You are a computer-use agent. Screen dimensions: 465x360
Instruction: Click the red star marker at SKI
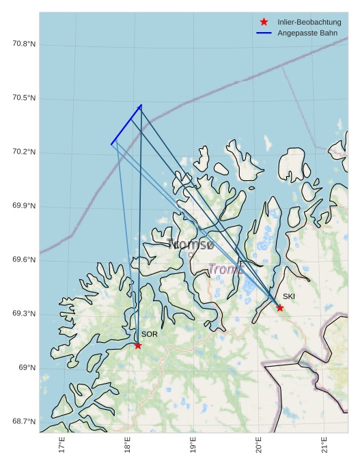pyautogui.click(x=280, y=308)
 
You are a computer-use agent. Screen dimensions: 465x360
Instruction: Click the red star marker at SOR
pyautogui.click(x=138, y=346)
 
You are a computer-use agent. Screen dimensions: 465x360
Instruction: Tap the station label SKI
pyautogui.click(x=289, y=296)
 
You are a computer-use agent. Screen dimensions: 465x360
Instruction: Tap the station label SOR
pyautogui.click(x=150, y=334)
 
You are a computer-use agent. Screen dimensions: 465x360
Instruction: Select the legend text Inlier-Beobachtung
pyautogui.click(x=309, y=23)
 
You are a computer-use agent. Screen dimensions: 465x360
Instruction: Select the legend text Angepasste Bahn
pyautogui.click(x=307, y=33)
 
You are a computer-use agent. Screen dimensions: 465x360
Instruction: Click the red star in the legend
pyautogui.click(x=264, y=23)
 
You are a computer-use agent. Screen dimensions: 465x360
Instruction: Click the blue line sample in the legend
pyautogui.click(x=264, y=33)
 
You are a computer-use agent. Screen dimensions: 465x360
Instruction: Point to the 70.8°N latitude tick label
pyautogui.click(x=24, y=44)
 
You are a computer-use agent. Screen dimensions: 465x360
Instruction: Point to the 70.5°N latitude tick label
pyautogui.click(x=24, y=98)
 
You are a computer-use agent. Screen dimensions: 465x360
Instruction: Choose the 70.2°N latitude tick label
pyautogui.click(x=24, y=152)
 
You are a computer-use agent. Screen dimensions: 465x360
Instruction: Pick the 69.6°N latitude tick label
pyautogui.click(x=24, y=260)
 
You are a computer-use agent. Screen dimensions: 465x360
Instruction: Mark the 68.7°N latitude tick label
pyautogui.click(x=24, y=422)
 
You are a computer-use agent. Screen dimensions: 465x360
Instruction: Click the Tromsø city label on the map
pyautogui.click(x=191, y=244)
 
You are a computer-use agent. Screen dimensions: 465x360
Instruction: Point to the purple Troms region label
pyautogui.click(x=225, y=269)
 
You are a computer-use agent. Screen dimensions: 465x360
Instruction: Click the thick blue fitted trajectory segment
pyautogui.click(x=126, y=125)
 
